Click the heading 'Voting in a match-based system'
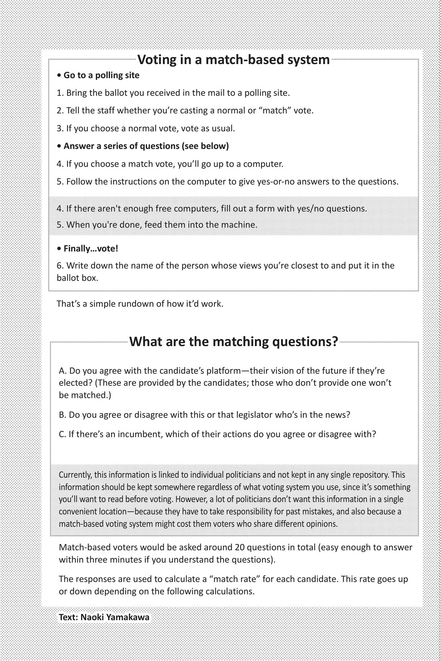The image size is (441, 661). tap(233, 60)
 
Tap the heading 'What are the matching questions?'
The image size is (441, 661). tap(234, 341)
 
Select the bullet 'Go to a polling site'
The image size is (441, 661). tap(101, 75)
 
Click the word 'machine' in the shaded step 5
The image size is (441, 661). tap(239, 225)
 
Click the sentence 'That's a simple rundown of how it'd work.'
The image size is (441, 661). tap(140, 304)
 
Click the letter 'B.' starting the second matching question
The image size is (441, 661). tap(63, 415)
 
